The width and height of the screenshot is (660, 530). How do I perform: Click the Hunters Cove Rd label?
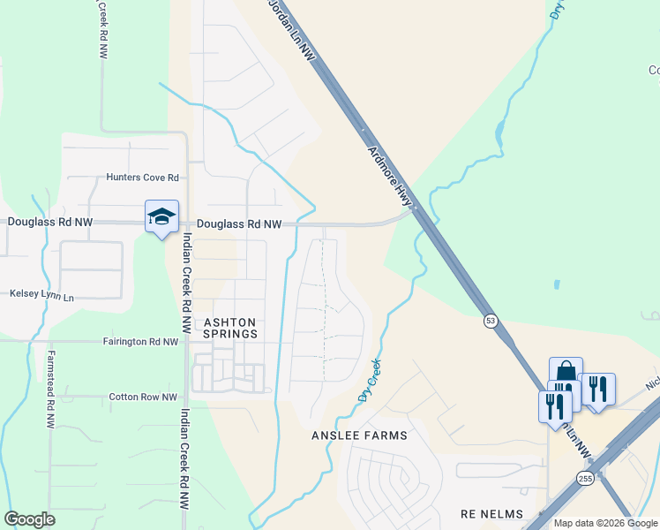(x=142, y=178)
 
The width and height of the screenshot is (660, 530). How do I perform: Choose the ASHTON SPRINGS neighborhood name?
(x=230, y=328)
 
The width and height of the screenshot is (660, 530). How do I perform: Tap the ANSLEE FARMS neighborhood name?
(x=359, y=435)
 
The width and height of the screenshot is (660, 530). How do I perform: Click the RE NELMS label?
(x=491, y=514)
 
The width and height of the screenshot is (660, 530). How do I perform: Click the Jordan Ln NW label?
(x=292, y=31)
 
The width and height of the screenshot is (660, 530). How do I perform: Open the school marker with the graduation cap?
(x=162, y=216)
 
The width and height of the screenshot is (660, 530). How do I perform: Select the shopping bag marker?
(x=566, y=372)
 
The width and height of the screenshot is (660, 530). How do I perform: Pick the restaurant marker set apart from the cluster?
(x=598, y=389)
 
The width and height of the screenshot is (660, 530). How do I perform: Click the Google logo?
(x=29, y=519)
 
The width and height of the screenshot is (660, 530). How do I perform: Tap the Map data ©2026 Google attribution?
(x=605, y=523)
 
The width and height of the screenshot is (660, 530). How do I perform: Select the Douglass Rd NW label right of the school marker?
(x=238, y=225)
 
